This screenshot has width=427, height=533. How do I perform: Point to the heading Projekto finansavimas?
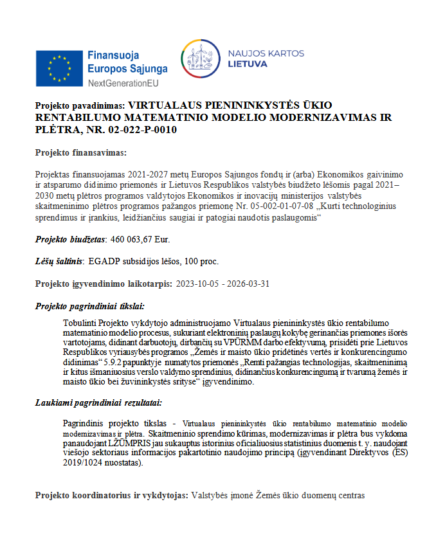pos(80,152)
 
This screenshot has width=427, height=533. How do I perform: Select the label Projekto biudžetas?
pos(69,239)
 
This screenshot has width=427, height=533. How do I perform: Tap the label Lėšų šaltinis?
pos(59,262)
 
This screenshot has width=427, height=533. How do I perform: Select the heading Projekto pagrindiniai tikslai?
pos(89,306)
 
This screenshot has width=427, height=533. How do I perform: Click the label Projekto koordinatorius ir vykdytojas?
pos(111,496)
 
